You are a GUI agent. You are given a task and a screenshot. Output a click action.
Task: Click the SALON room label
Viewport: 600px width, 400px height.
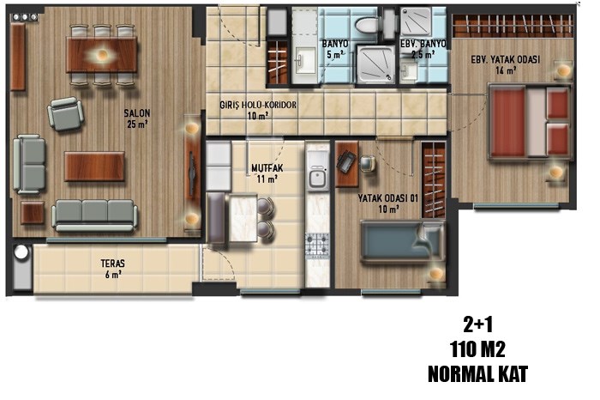137,113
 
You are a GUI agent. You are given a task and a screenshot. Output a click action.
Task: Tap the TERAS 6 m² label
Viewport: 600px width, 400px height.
112,269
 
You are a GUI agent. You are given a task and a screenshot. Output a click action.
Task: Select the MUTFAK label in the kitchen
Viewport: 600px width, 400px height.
267,168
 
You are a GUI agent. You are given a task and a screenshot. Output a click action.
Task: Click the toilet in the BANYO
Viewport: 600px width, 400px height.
368,25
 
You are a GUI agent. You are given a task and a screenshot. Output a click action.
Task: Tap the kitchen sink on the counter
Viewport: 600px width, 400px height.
317,178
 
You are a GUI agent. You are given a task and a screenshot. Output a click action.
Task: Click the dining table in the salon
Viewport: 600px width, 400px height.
102,54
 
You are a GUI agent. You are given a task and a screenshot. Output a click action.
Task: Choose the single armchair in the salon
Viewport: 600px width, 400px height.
66,114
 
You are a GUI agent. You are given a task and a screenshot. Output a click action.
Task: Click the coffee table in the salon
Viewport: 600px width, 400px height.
94,167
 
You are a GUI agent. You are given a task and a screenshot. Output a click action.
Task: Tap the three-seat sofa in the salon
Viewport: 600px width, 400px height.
94,215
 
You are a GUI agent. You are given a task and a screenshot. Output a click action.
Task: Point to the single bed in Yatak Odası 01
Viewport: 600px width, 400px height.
403,241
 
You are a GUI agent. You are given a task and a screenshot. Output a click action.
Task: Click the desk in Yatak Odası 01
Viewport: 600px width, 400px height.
347,164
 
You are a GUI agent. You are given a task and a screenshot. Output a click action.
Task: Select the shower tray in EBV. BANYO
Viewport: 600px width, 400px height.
416,21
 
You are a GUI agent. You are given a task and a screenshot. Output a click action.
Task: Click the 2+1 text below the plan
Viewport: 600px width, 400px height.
478,325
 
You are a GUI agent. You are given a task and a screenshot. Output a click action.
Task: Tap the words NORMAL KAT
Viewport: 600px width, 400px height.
478,374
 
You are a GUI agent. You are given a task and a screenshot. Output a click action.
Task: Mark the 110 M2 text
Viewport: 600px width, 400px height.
478,349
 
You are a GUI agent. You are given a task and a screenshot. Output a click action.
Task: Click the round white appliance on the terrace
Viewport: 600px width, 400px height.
21,252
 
